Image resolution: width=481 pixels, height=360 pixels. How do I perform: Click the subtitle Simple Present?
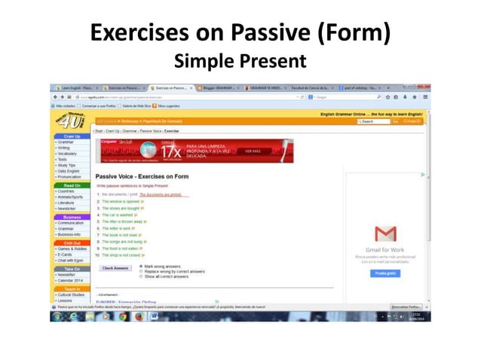pos(240,60)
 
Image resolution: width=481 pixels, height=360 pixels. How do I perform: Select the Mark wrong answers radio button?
pos(141,266)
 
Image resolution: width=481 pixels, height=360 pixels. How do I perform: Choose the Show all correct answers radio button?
pos(141,276)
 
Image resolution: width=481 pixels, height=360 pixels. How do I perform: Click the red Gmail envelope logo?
pos(385,234)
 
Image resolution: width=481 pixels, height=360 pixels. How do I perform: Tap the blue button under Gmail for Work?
pos(385,273)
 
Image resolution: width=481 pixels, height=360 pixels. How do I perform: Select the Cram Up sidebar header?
pos(72,136)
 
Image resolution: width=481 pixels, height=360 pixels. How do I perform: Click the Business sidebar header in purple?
pos(72,217)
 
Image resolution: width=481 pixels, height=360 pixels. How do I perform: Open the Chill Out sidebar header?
pos(72,243)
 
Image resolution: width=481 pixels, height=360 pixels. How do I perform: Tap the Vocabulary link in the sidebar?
pos(67,154)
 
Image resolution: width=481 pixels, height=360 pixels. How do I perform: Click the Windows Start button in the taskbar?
pos(57,317)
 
